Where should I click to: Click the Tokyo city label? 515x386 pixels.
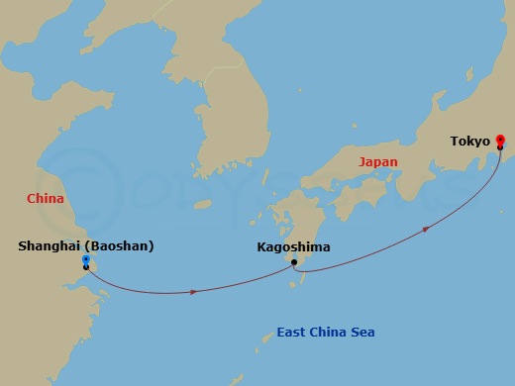(469, 142)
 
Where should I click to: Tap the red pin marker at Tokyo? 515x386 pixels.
(500, 139)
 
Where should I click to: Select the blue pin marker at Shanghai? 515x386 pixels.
(86, 260)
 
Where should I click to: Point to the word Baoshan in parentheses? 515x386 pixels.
(120, 246)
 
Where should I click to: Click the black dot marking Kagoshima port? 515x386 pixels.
(294, 262)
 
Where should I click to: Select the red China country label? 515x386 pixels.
(45, 198)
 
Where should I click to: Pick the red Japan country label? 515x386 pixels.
(377, 161)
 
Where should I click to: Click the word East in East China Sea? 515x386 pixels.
(294, 332)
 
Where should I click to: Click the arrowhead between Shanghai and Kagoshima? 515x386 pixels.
(195, 291)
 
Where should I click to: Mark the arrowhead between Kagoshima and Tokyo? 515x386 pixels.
(426, 229)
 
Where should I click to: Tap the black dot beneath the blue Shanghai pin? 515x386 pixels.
(86, 267)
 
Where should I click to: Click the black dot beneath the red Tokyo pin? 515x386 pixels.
(500, 146)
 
